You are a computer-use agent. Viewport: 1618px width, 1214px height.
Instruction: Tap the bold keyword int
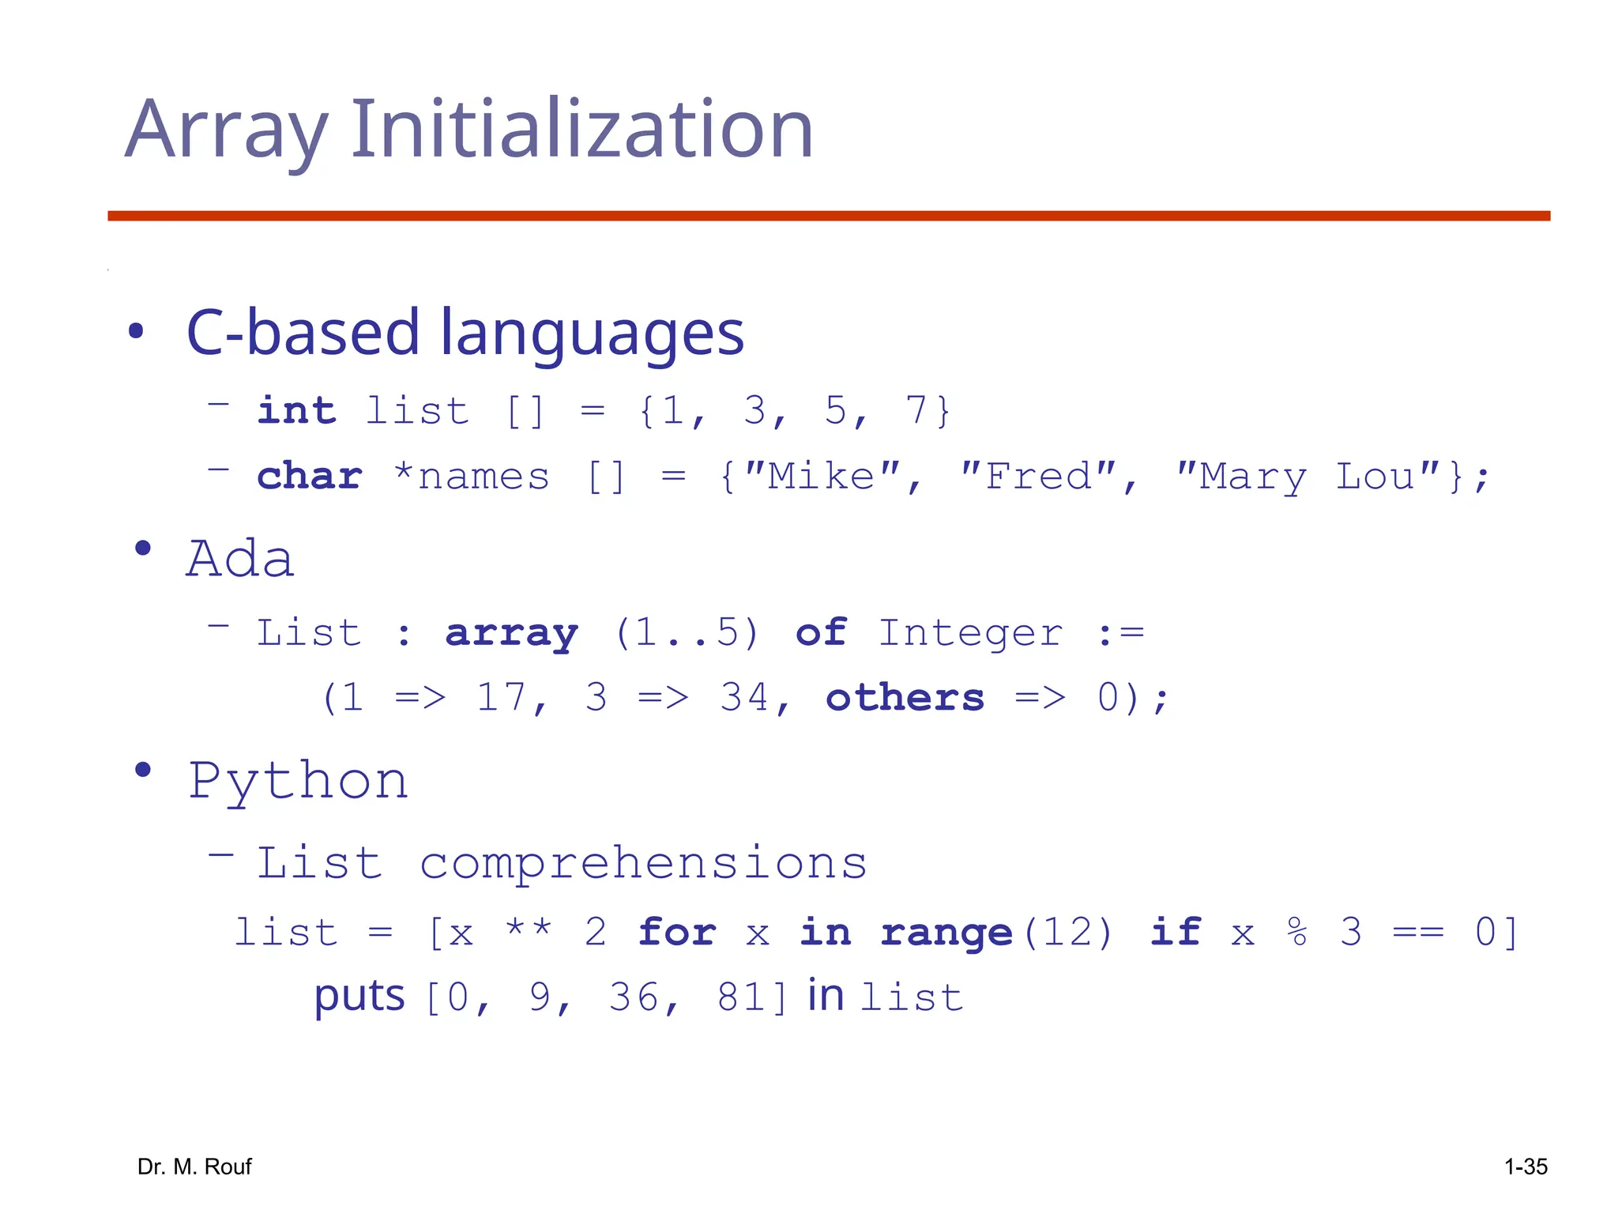pos(297,411)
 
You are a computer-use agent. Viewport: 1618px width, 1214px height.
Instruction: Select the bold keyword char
pos(310,477)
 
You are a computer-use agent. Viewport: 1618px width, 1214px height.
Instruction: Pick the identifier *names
pos(472,477)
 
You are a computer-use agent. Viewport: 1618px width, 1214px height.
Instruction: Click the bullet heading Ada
pos(240,559)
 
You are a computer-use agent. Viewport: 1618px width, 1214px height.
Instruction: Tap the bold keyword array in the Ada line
pos(512,633)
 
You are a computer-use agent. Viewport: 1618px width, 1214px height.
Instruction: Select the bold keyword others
pos(905,698)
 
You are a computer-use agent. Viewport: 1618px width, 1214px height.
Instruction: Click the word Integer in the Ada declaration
pos(971,633)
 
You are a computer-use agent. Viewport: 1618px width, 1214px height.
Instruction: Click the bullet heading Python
pos(299,782)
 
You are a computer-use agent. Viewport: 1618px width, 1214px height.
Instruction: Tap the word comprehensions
pos(643,862)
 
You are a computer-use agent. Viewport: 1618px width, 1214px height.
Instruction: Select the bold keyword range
pos(946,933)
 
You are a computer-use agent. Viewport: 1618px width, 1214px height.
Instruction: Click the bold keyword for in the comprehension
pos(677,933)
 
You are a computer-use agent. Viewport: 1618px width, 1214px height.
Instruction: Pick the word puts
pos(359,996)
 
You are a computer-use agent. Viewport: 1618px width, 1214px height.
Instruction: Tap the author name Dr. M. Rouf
pos(194,1167)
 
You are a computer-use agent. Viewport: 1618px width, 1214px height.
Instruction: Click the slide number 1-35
pos(1526,1167)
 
